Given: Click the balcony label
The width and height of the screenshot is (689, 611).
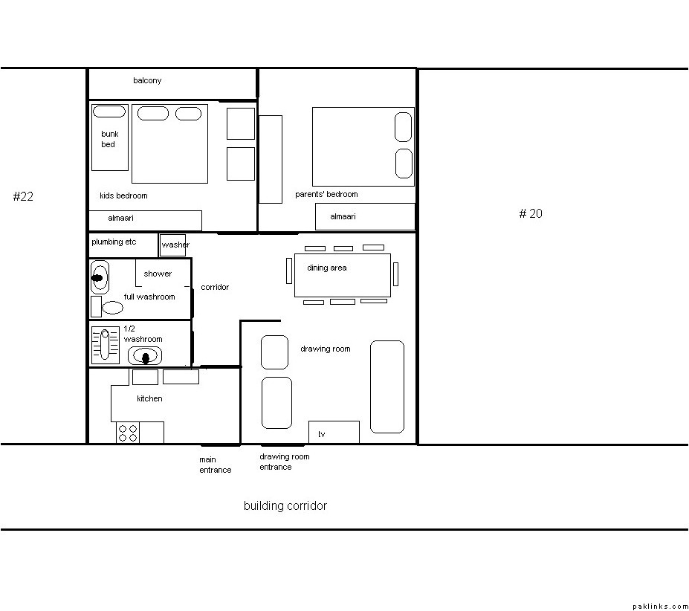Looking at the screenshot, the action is tap(147, 80).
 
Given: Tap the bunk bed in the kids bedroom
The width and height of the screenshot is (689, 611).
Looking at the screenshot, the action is tap(110, 138).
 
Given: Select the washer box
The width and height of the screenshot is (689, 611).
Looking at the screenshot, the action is tap(172, 245).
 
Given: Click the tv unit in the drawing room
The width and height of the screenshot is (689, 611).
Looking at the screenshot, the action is tap(334, 432).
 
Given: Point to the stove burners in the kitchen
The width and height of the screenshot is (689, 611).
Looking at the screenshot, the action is tap(128, 433).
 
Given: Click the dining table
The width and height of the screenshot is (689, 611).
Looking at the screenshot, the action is tap(343, 275).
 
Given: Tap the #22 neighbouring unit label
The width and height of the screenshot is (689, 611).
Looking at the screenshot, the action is tap(23, 196).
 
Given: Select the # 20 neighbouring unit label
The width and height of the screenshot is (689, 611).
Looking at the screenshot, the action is tap(531, 213).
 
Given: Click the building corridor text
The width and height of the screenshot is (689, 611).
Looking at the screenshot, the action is tap(285, 506).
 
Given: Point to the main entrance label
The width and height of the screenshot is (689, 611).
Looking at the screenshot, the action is tap(215, 465).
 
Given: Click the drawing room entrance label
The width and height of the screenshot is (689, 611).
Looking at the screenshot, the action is tap(285, 462).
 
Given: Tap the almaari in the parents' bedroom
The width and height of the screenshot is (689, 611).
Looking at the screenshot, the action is tap(365, 216).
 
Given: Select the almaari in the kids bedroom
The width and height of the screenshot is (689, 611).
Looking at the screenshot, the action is tap(146, 221).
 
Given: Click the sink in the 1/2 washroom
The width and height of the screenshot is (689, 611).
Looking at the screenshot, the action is tap(145, 356).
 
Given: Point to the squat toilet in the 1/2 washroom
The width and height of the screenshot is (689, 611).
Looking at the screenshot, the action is tap(105, 345).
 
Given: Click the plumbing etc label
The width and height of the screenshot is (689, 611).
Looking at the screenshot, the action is tap(114, 242).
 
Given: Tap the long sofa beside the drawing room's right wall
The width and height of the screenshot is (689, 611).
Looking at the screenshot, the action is tap(387, 387).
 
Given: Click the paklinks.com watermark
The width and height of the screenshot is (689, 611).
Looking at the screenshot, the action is tap(661, 607).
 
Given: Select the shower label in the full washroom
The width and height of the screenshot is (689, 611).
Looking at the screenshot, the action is tap(158, 274).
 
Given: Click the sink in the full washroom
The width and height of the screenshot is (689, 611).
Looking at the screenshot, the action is tap(100, 277).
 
